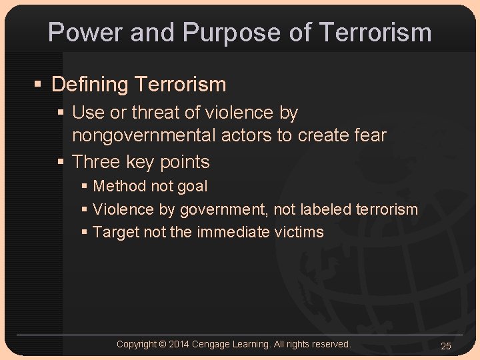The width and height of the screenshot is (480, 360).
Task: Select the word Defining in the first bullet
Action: (x=90, y=85)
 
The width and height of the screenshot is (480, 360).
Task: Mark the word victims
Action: (x=299, y=233)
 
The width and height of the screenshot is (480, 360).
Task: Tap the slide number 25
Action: (x=446, y=346)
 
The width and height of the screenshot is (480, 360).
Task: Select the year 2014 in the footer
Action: (x=179, y=344)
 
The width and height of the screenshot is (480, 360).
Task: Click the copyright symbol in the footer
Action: (x=163, y=344)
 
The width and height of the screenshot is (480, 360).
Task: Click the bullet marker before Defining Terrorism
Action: (x=39, y=85)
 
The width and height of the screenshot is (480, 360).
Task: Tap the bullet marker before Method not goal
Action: (x=84, y=187)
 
